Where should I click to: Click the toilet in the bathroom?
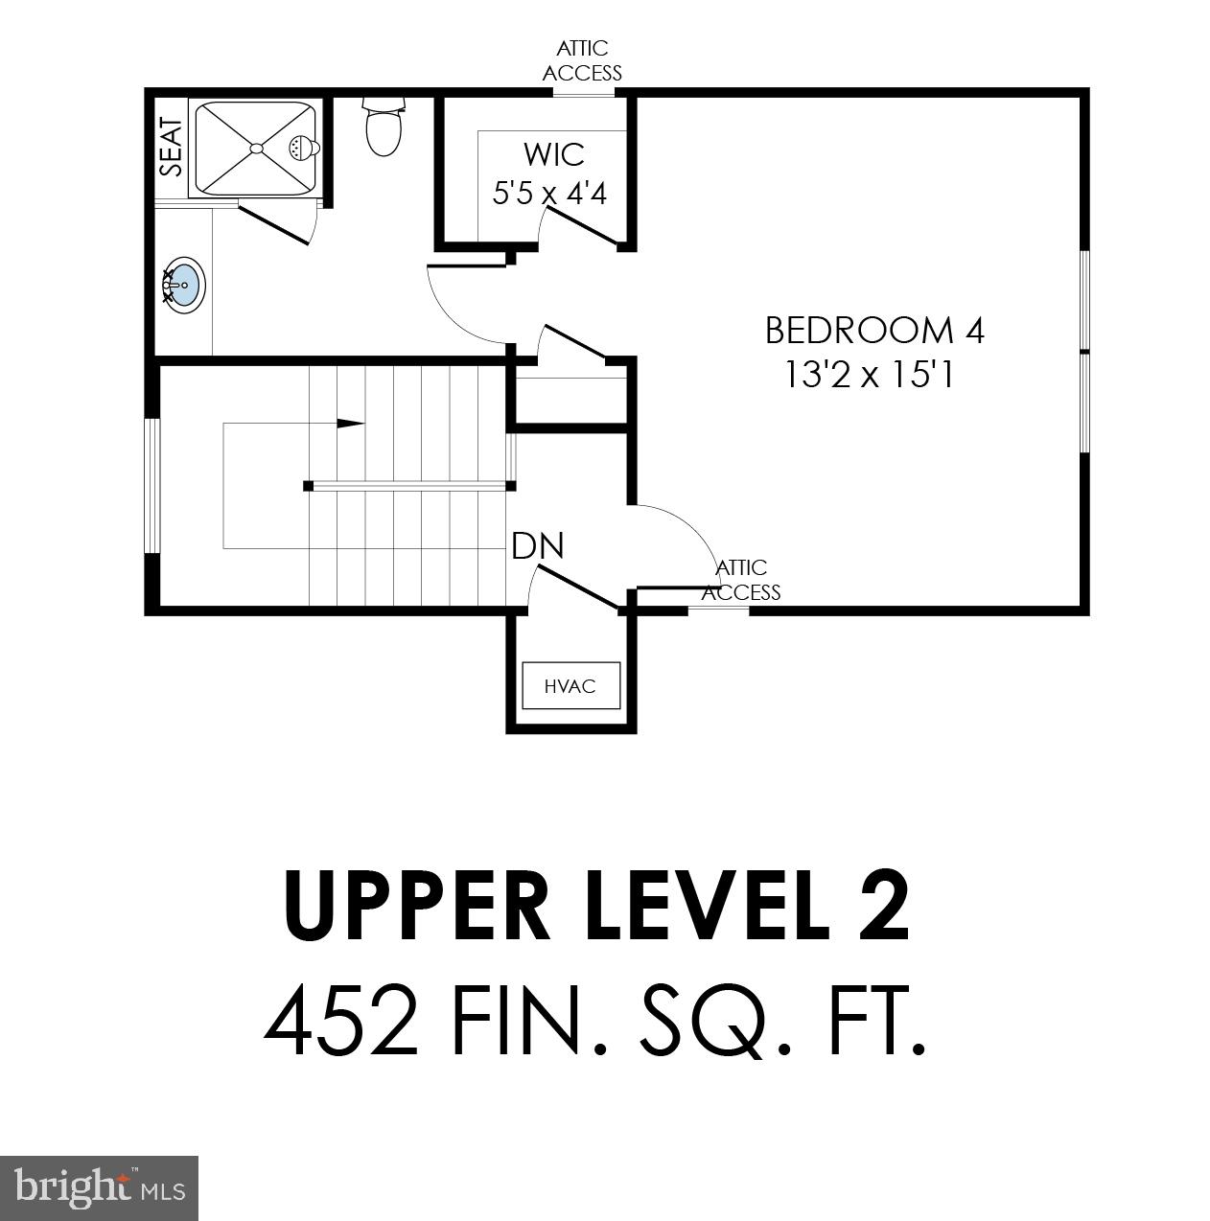click(x=384, y=127)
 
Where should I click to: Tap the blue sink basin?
click(x=184, y=285)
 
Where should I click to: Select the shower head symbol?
click(x=303, y=147)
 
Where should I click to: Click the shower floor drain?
click(x=255, y=148)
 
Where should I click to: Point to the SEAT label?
click(x=171, y=147)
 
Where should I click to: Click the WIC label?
click(x=553, y=153)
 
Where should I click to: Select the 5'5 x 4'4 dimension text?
click(x=549, y=194)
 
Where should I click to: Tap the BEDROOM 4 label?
click(x=874, y=331)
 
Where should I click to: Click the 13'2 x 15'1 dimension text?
click(x=869, y=375)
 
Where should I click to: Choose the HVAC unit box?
click(x=570, y=685)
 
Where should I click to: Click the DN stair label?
click(x=538, y=546)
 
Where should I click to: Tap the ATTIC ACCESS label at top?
click(x=582, y=60)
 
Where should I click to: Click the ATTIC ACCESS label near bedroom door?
click(x=741, y=581)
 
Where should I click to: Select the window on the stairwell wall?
click(x=151, y=485)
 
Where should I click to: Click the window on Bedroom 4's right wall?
click(x=1084, y=352)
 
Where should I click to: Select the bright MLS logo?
click(x=100, y=1188)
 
